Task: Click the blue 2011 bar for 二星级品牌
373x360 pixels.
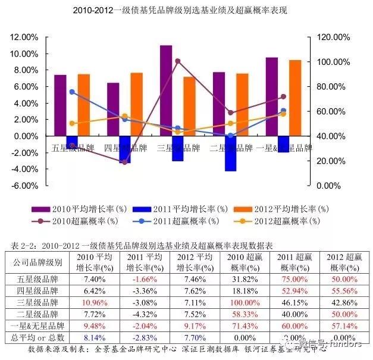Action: [x=230, y=154]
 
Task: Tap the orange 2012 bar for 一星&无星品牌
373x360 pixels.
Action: [x=294, y=98]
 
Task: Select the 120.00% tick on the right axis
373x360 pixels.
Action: [x=333, y=37]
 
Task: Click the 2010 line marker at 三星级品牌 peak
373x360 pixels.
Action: [x=178, y=61]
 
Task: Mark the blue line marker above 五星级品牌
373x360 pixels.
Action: [x=72, y=92]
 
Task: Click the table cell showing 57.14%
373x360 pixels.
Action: [x=341, y=325]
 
